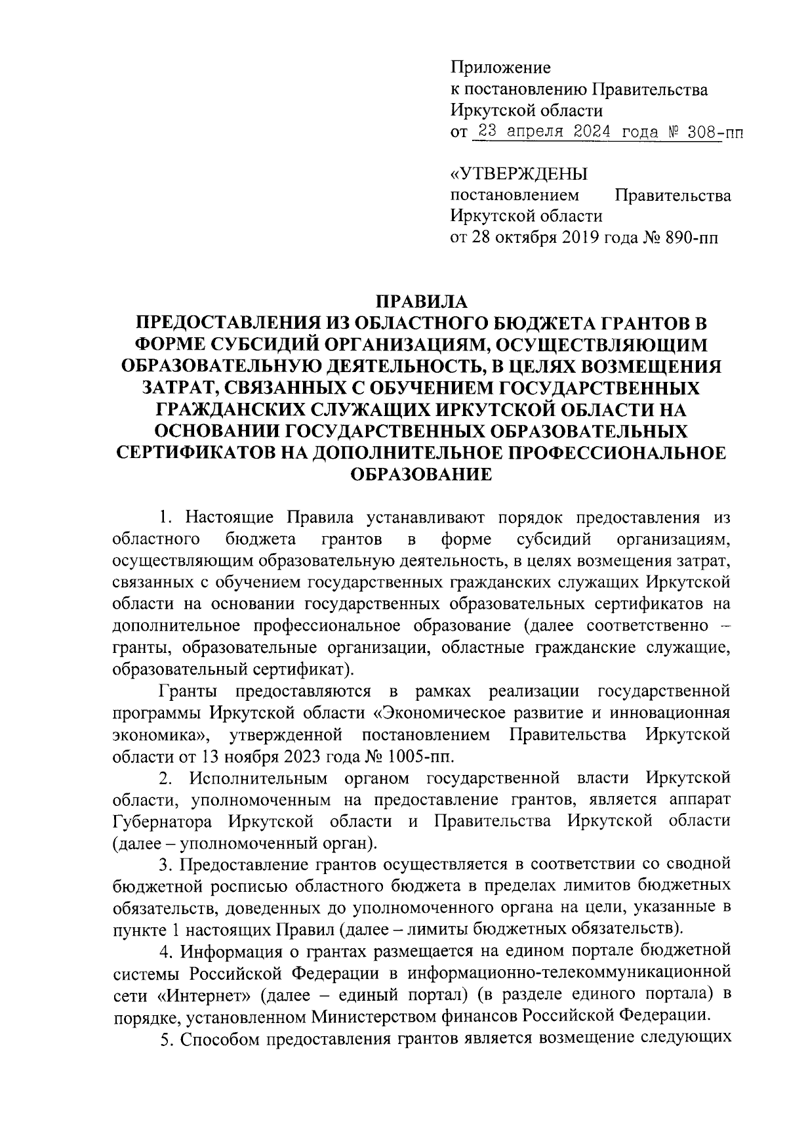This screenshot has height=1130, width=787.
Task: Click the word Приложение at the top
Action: (500, 68)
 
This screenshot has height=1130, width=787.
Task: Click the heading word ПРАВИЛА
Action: (420, 302)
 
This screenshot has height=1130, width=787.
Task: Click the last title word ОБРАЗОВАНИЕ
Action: (421, 474)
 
